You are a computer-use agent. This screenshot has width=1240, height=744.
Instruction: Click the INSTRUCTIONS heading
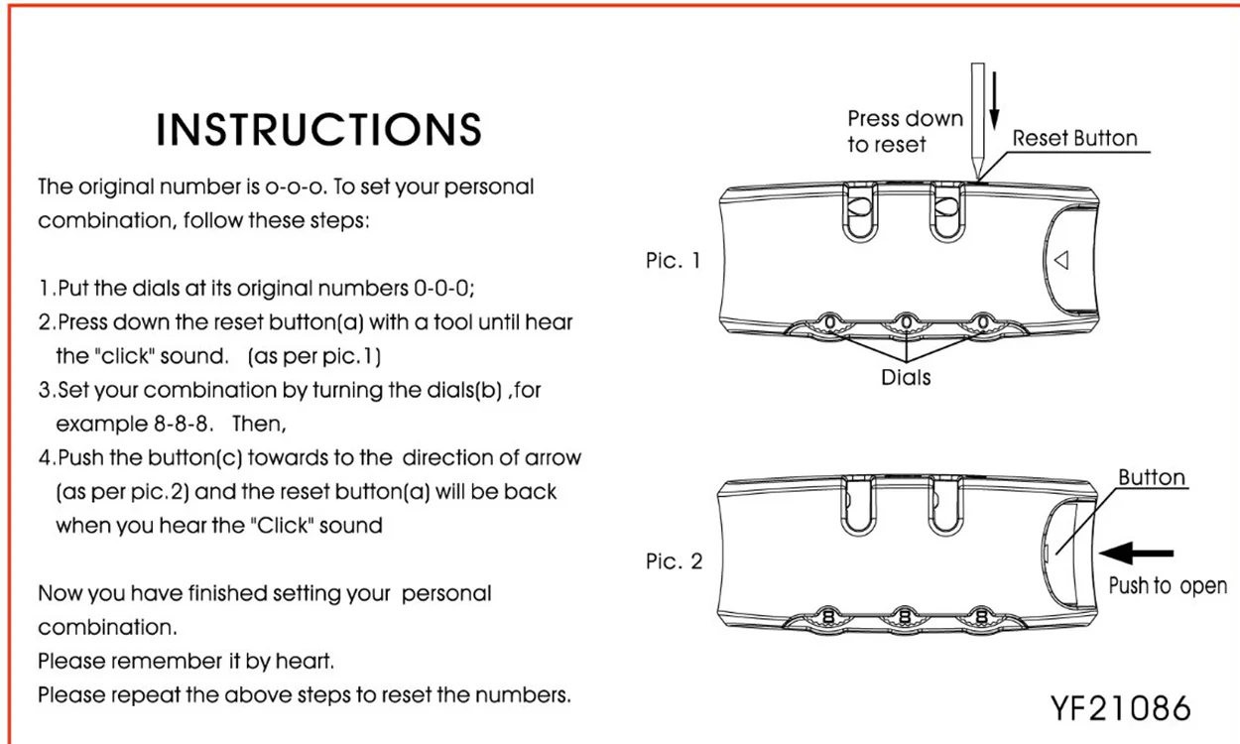point(318,130)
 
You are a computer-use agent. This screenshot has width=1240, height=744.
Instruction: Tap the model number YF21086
point(1120,708)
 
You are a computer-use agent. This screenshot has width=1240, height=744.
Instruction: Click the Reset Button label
point(1075,138)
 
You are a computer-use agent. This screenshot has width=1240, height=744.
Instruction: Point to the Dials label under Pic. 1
point(906,378)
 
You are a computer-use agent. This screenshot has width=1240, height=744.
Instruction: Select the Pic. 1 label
point(674,260)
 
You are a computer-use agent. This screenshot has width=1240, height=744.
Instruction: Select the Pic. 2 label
point(674,561)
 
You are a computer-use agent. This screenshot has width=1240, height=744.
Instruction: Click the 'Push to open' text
point(1168,586)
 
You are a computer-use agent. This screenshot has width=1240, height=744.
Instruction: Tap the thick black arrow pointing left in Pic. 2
point(1136,553)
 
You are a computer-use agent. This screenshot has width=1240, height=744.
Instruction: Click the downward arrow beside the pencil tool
point(994,100)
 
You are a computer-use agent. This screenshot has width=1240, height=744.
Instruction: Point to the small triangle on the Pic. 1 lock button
point(1061,260)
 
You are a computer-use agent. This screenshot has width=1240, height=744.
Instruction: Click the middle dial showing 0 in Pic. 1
point(906,321)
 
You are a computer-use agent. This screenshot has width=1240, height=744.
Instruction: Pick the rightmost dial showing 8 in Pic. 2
point(981,616)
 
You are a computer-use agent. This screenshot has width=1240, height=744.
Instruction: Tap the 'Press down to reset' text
point(905,131)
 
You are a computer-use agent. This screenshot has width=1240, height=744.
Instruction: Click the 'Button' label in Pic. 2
point(1152,477)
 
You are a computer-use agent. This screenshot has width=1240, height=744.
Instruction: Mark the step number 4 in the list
point(45,458)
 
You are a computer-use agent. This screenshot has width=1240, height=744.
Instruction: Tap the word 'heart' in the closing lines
point(304,661)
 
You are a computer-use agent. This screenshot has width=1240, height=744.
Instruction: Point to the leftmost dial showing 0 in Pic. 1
point(829,321)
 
